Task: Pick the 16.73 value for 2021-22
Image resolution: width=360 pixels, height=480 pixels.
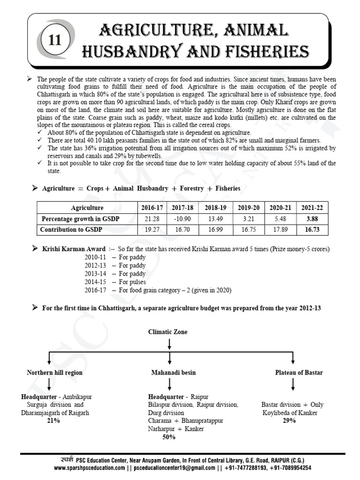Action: pyautogui.click(x=312, y=230)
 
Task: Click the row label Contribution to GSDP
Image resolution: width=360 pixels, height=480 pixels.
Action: pyautogui.click(x=71, y=230)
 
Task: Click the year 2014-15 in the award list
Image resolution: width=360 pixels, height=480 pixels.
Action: pyautogui.click(x=96, y=282)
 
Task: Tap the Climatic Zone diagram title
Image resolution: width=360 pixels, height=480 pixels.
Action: pyautogui.click(x=168, y=332)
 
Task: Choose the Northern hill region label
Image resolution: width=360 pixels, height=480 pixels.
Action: pyautogui.click(x=54, y=373)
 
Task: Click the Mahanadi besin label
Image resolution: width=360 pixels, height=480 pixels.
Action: pyautogui.click(x=169, y=373)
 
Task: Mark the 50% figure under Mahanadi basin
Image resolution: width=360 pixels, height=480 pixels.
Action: pyautogui.click(x=169, y=437)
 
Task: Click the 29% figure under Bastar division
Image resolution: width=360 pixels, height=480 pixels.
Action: pyautogui.click(x=289, y=421)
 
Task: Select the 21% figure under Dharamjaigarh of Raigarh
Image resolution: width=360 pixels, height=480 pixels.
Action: pyautogui.click(x=53, y=421)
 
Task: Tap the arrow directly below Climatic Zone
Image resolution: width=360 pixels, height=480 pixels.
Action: pyautogui.click(x=168, y=345)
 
